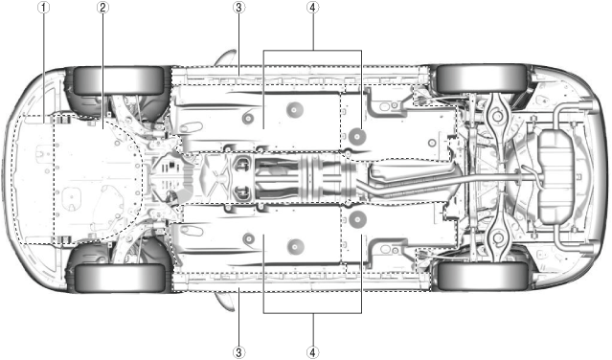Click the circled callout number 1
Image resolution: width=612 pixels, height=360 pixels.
tap(43, 8)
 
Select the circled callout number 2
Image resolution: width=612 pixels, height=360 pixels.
tap(102, 8)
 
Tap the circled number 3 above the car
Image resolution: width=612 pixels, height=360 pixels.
tap(238, 8)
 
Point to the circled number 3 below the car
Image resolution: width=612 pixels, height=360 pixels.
tap(238, 352)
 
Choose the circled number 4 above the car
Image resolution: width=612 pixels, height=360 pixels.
tap(312, 8)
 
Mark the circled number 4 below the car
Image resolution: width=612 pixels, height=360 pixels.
tap(312, 352)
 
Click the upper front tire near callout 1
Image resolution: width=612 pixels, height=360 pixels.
tap(119, 80)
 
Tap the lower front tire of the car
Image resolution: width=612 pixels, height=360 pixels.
tap(119, 278)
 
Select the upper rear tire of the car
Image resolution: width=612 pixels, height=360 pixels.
tap(482, 79)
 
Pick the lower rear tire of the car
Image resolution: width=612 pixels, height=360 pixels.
tap(482, 276)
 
